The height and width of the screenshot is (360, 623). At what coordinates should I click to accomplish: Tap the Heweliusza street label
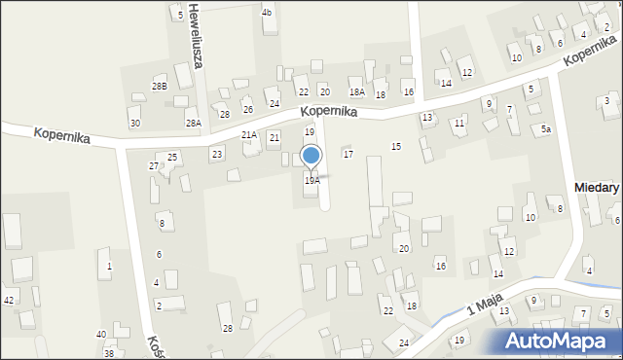point(197,42)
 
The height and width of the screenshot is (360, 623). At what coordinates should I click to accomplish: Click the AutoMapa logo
point(562,341)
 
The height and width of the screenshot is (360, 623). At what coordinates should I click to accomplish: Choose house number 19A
point(311,181)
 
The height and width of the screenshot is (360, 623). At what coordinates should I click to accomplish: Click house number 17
point(348,155)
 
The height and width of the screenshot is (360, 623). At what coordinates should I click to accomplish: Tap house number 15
point(395,146)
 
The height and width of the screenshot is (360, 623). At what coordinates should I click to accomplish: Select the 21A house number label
point(249,135)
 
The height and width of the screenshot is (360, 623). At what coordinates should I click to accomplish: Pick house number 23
point(217,154)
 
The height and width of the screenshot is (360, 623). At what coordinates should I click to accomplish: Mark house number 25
point(172,157)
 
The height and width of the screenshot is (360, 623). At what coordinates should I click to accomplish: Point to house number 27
point(153,166)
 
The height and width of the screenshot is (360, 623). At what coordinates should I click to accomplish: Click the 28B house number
point(160,87)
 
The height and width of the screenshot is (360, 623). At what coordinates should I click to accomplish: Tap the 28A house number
point(194,123)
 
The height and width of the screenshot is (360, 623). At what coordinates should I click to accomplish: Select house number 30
point(134,123)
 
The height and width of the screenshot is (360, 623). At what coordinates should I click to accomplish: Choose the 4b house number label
point(267,13)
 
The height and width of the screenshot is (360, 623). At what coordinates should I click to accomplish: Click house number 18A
point(357,92)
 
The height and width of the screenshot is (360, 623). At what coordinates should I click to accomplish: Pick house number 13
point(426,117)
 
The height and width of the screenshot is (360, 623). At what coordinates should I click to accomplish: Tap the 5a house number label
point(547,128)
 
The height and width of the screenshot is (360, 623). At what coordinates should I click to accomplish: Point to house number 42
point(8,300)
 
